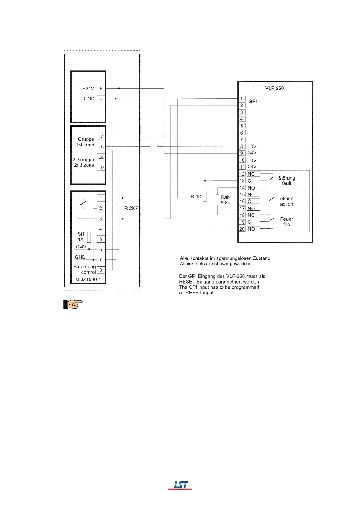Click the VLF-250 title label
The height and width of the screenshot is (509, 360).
274,88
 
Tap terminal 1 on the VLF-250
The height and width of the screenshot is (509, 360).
241,99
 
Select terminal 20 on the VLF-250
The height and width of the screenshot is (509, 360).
242,229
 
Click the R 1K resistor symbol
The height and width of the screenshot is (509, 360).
205,196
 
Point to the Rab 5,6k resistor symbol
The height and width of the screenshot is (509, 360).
218,200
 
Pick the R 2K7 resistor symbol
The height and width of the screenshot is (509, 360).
123,208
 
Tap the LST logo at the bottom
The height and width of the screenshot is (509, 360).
180,485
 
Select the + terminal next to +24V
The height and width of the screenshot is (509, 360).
101,89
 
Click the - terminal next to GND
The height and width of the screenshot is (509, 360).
101,99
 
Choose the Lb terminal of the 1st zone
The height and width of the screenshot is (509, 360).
101,147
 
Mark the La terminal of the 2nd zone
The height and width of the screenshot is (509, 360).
101,157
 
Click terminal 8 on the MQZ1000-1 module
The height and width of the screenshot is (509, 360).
101,270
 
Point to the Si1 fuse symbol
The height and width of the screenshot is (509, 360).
89,237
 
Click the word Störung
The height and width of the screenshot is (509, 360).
286,178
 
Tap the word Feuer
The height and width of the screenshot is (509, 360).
286,219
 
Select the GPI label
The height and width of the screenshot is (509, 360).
253,102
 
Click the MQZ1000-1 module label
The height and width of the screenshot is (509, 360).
88,280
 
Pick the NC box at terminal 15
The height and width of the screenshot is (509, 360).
254,195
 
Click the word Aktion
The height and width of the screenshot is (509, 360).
286,199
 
